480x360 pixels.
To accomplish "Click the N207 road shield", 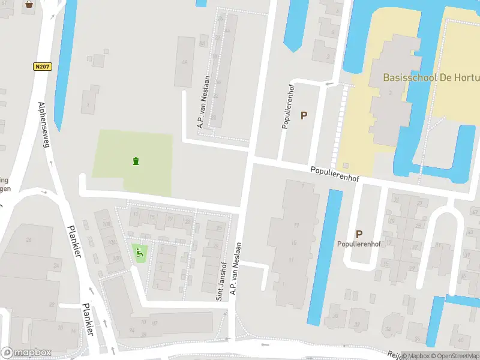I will tap(42, 67).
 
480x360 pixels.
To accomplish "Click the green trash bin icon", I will tap(136, 161).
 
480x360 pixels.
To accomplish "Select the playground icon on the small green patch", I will tap(140, 253).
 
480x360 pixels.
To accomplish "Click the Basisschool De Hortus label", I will tap(431, 78).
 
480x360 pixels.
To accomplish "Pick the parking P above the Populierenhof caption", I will tap(359, 235).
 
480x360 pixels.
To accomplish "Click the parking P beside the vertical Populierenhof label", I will tap(304, 115).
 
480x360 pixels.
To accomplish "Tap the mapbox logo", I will tap(26, 353).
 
